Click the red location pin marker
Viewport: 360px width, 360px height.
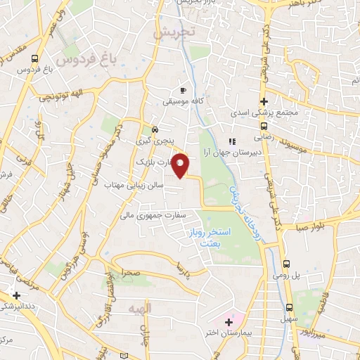tap(181, 165)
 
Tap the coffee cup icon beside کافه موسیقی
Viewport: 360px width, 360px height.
tap(184, 90)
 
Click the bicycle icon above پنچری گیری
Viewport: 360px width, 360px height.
tap(155, 130)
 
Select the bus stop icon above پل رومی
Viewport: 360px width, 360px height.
tap(287, 264)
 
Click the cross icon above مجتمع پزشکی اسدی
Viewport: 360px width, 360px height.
tap(264, 101)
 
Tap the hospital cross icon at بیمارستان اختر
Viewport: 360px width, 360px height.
tap(228, 323)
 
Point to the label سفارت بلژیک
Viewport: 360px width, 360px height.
tap(155, 163)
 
